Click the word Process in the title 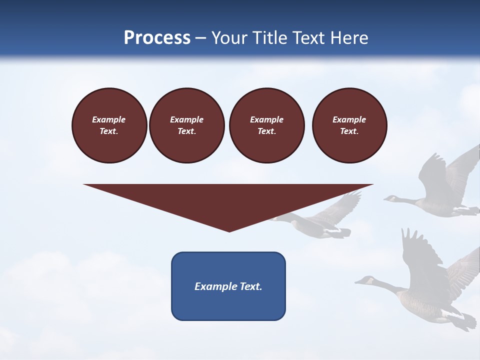click(x=157, y=38)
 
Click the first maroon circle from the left click(x=109, y=125)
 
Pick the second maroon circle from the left click(x=186, y=125)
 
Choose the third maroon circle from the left click(x=266, y=125)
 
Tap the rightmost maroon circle click(x=349, y=125)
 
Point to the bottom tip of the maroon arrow click(x=229, y=231)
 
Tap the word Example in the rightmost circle click(x=349, y=119)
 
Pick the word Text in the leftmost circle click(x=108, y=131)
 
